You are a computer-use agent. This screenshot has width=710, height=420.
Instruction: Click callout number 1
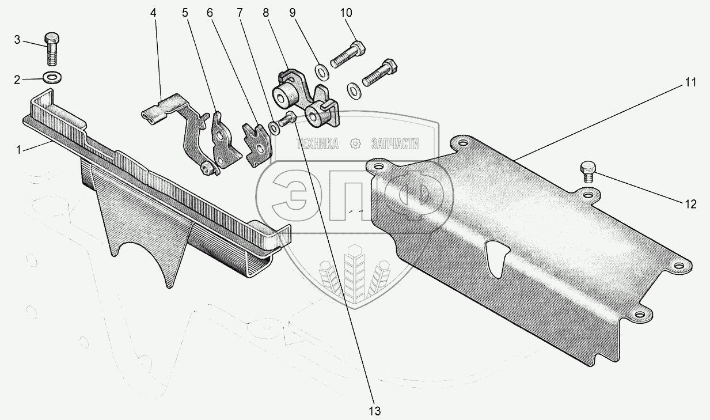click(18, 150)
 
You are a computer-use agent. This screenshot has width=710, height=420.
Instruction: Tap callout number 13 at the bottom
click(374, 411)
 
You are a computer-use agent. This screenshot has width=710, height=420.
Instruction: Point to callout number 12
click(690, 205)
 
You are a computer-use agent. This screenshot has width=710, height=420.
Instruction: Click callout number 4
click(153, 13)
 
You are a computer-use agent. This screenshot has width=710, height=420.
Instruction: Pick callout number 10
click(346, 13)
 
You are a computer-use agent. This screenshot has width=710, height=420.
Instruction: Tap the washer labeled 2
click(52, 78)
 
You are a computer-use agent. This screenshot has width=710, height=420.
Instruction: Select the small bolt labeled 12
click(588, 172)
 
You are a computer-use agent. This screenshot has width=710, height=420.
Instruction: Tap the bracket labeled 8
click(306, 99)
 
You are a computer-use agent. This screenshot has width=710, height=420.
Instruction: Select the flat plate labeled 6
click(257, 145)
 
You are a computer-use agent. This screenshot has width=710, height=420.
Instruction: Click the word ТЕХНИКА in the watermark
click(317, 144)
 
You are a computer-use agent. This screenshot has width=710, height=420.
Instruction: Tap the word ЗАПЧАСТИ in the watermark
click(395, 144)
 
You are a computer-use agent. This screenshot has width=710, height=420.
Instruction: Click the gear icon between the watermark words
click(355, 144)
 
